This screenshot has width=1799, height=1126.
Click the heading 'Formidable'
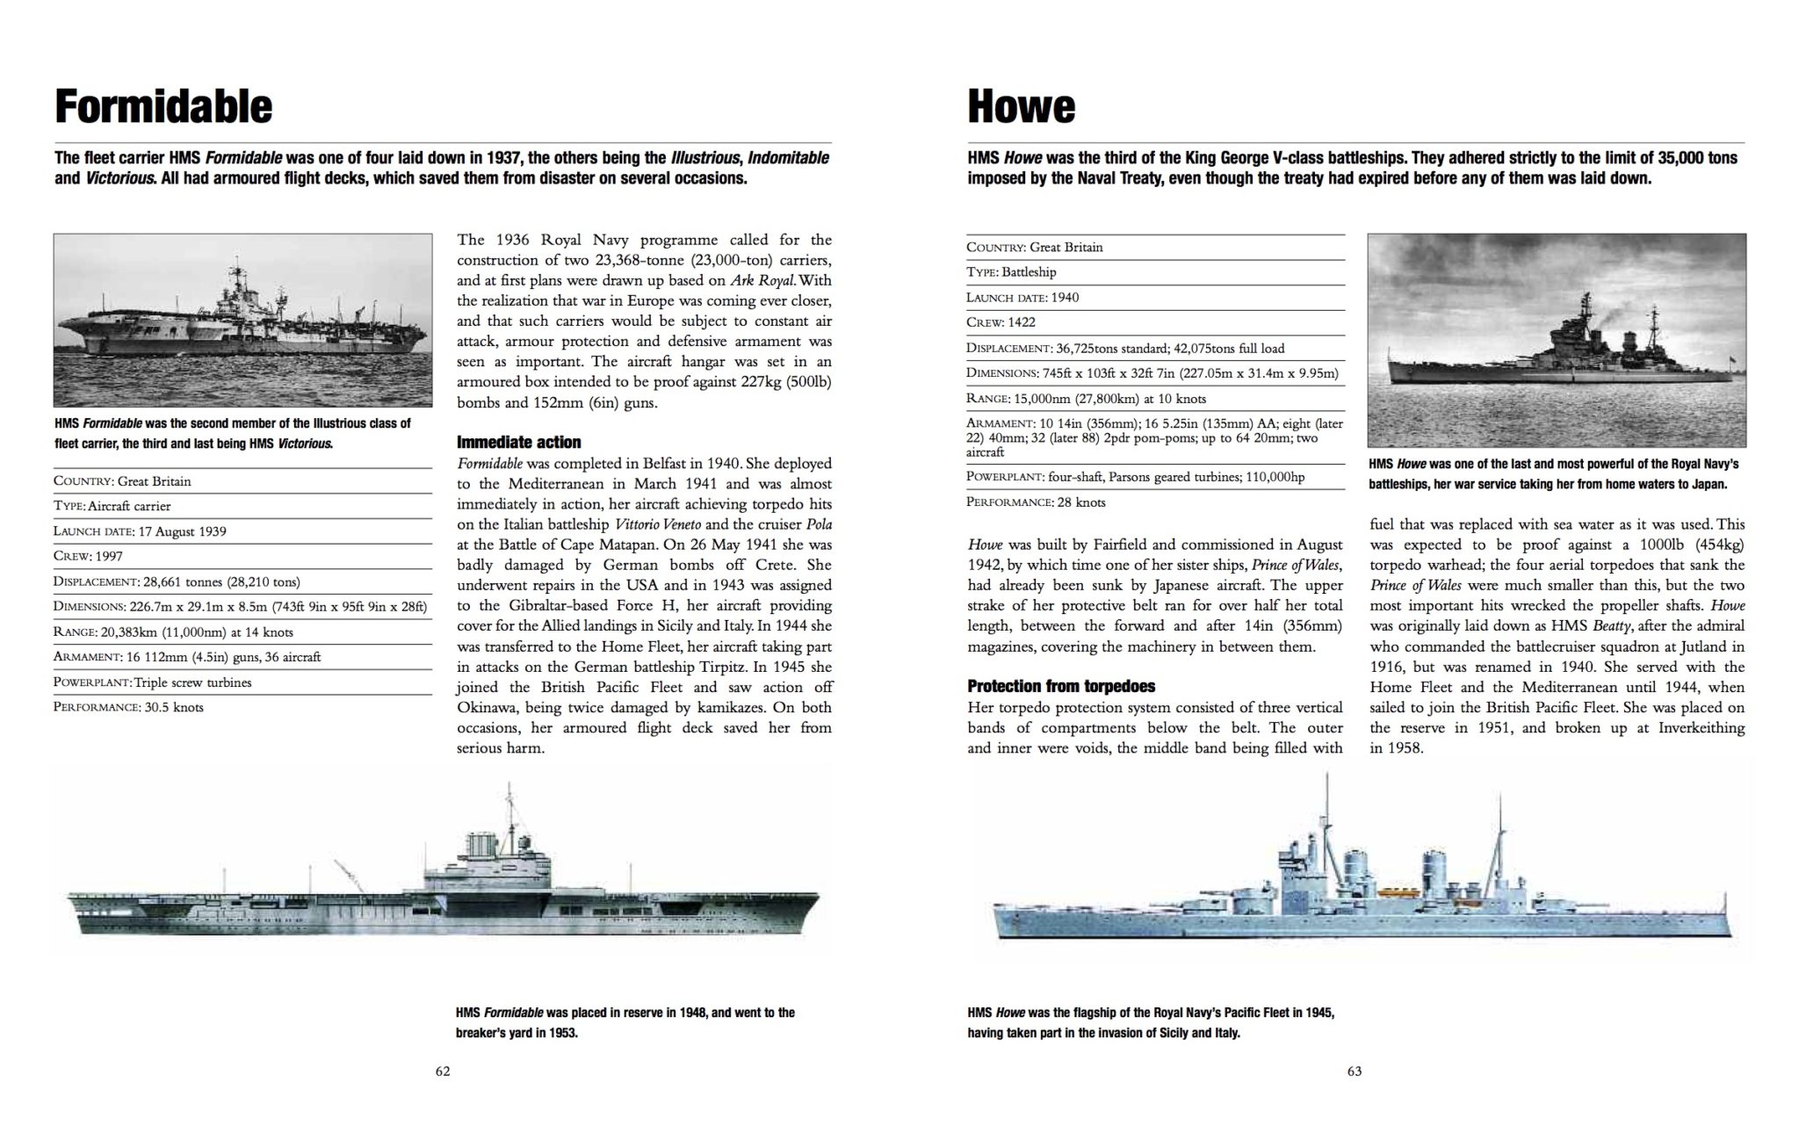163,107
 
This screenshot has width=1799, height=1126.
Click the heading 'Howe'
1021,107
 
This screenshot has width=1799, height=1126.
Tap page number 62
443,1072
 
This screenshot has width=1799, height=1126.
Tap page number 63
1354,1072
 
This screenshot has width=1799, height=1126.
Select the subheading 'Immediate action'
518,442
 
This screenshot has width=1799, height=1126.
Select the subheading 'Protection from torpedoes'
1061,686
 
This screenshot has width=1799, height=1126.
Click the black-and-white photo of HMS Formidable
242,320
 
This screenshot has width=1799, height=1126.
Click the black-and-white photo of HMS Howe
1557,340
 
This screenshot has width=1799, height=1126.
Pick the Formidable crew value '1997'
110,556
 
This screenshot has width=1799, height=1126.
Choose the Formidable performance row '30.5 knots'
128,707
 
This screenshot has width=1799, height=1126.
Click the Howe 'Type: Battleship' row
1011,272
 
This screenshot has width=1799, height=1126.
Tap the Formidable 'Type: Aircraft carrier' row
112,506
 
